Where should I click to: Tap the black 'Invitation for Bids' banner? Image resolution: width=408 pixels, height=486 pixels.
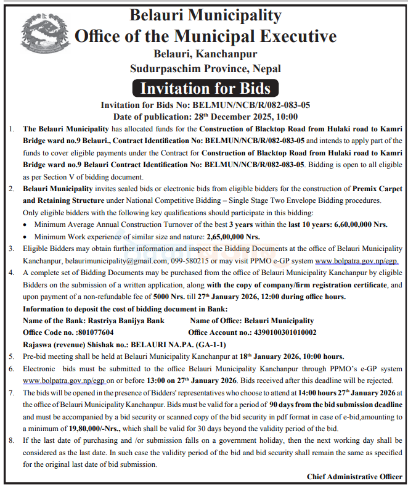[205, 88]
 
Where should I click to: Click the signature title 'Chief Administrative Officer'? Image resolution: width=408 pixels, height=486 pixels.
[354, 476]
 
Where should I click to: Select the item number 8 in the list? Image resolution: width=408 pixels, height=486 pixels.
[11, 440]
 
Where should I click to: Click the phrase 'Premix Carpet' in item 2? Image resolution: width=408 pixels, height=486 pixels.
[375, 189]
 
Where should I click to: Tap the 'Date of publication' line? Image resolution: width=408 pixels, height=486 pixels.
[205, 117]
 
